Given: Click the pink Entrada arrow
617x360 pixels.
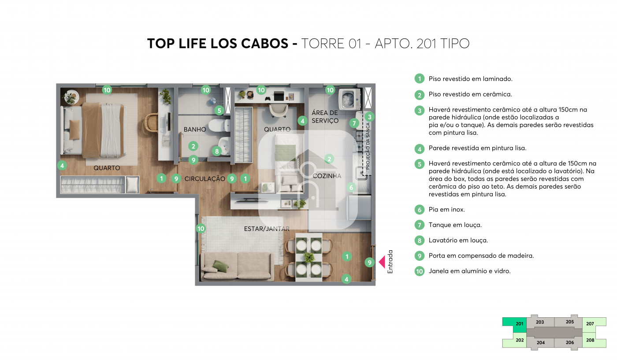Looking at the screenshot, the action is [382, 262].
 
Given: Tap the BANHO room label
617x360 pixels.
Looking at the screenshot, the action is [195, 130].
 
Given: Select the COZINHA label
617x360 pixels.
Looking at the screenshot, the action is [327, 176].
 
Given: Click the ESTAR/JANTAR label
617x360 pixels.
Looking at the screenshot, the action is [267, 229].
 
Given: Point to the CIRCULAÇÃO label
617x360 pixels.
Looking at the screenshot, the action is [204, 179].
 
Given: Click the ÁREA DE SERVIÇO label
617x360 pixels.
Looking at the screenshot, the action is [325, 116].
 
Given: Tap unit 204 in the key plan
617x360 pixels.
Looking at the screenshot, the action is [540, 342].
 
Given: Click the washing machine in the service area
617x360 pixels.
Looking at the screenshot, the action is [349, 99].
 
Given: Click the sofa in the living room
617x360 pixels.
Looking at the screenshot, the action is [238, 266].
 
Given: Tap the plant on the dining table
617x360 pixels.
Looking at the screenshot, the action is [309, 257].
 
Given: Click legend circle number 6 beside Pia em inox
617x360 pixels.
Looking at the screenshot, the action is [419, 210].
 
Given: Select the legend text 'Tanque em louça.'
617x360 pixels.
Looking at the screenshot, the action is [455, 225].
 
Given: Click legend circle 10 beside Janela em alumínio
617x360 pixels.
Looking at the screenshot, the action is [419, 271].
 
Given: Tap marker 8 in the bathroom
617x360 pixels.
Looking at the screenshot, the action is [217, 151].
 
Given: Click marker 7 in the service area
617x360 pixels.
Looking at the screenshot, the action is [354, 123].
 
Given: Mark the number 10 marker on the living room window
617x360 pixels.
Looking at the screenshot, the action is [201, 228].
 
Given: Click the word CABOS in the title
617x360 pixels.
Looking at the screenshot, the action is [265, 44].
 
